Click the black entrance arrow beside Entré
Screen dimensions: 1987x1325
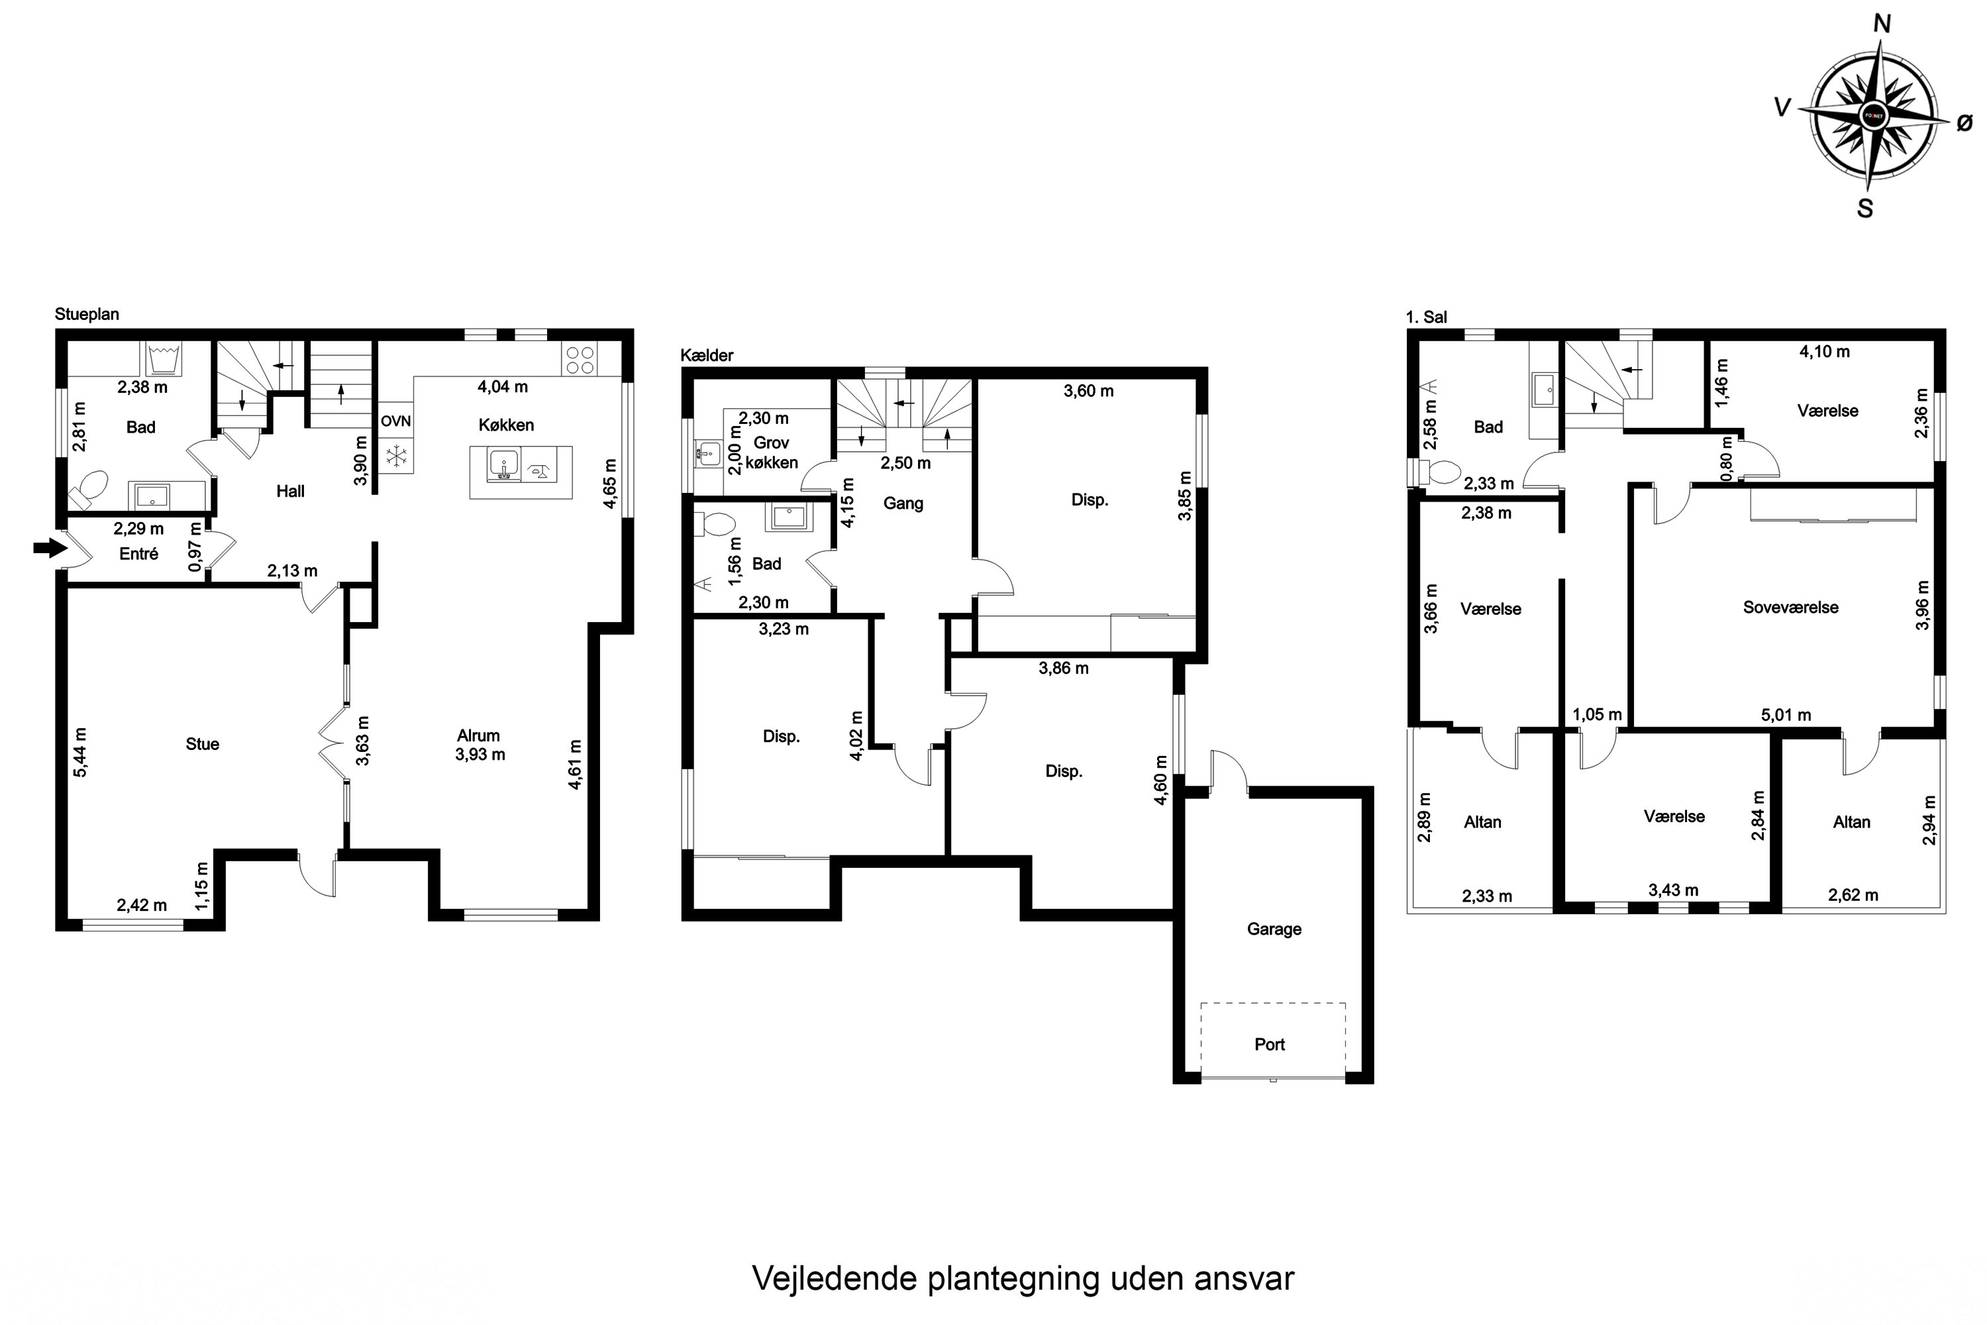pyautogui.click(x=50, y=549)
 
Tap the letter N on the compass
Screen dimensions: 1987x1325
pyautogui.click(x=1882, y=24)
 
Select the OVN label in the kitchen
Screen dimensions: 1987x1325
pyautogui.click(x=395, y=421)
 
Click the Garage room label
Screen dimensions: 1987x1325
pyautogui.click(x=1274, y=929)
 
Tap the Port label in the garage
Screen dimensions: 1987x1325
pyautogui.click(x=1270, y=1045)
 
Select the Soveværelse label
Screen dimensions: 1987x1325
pyautogui.click(x=1790, y=608)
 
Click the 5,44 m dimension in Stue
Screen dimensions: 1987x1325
pyautogui.click(x=80, y=752)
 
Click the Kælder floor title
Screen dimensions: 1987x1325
pyautogui.click(x=707, y=356)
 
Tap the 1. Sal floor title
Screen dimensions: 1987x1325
pyautogui.click(x=1426, y=317)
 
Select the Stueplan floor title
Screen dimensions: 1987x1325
pyautogui.click(x=87, y=314)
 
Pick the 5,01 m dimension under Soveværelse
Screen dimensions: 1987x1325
pyautogui.click(x=1786, y=715)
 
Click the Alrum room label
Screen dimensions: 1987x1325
pyautogui.click(x=478, y=736)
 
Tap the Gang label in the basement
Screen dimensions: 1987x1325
pyautogui.click(x=903, y=503)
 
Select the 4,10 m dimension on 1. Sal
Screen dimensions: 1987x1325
pyautogui.click(x=1824, y=352)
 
